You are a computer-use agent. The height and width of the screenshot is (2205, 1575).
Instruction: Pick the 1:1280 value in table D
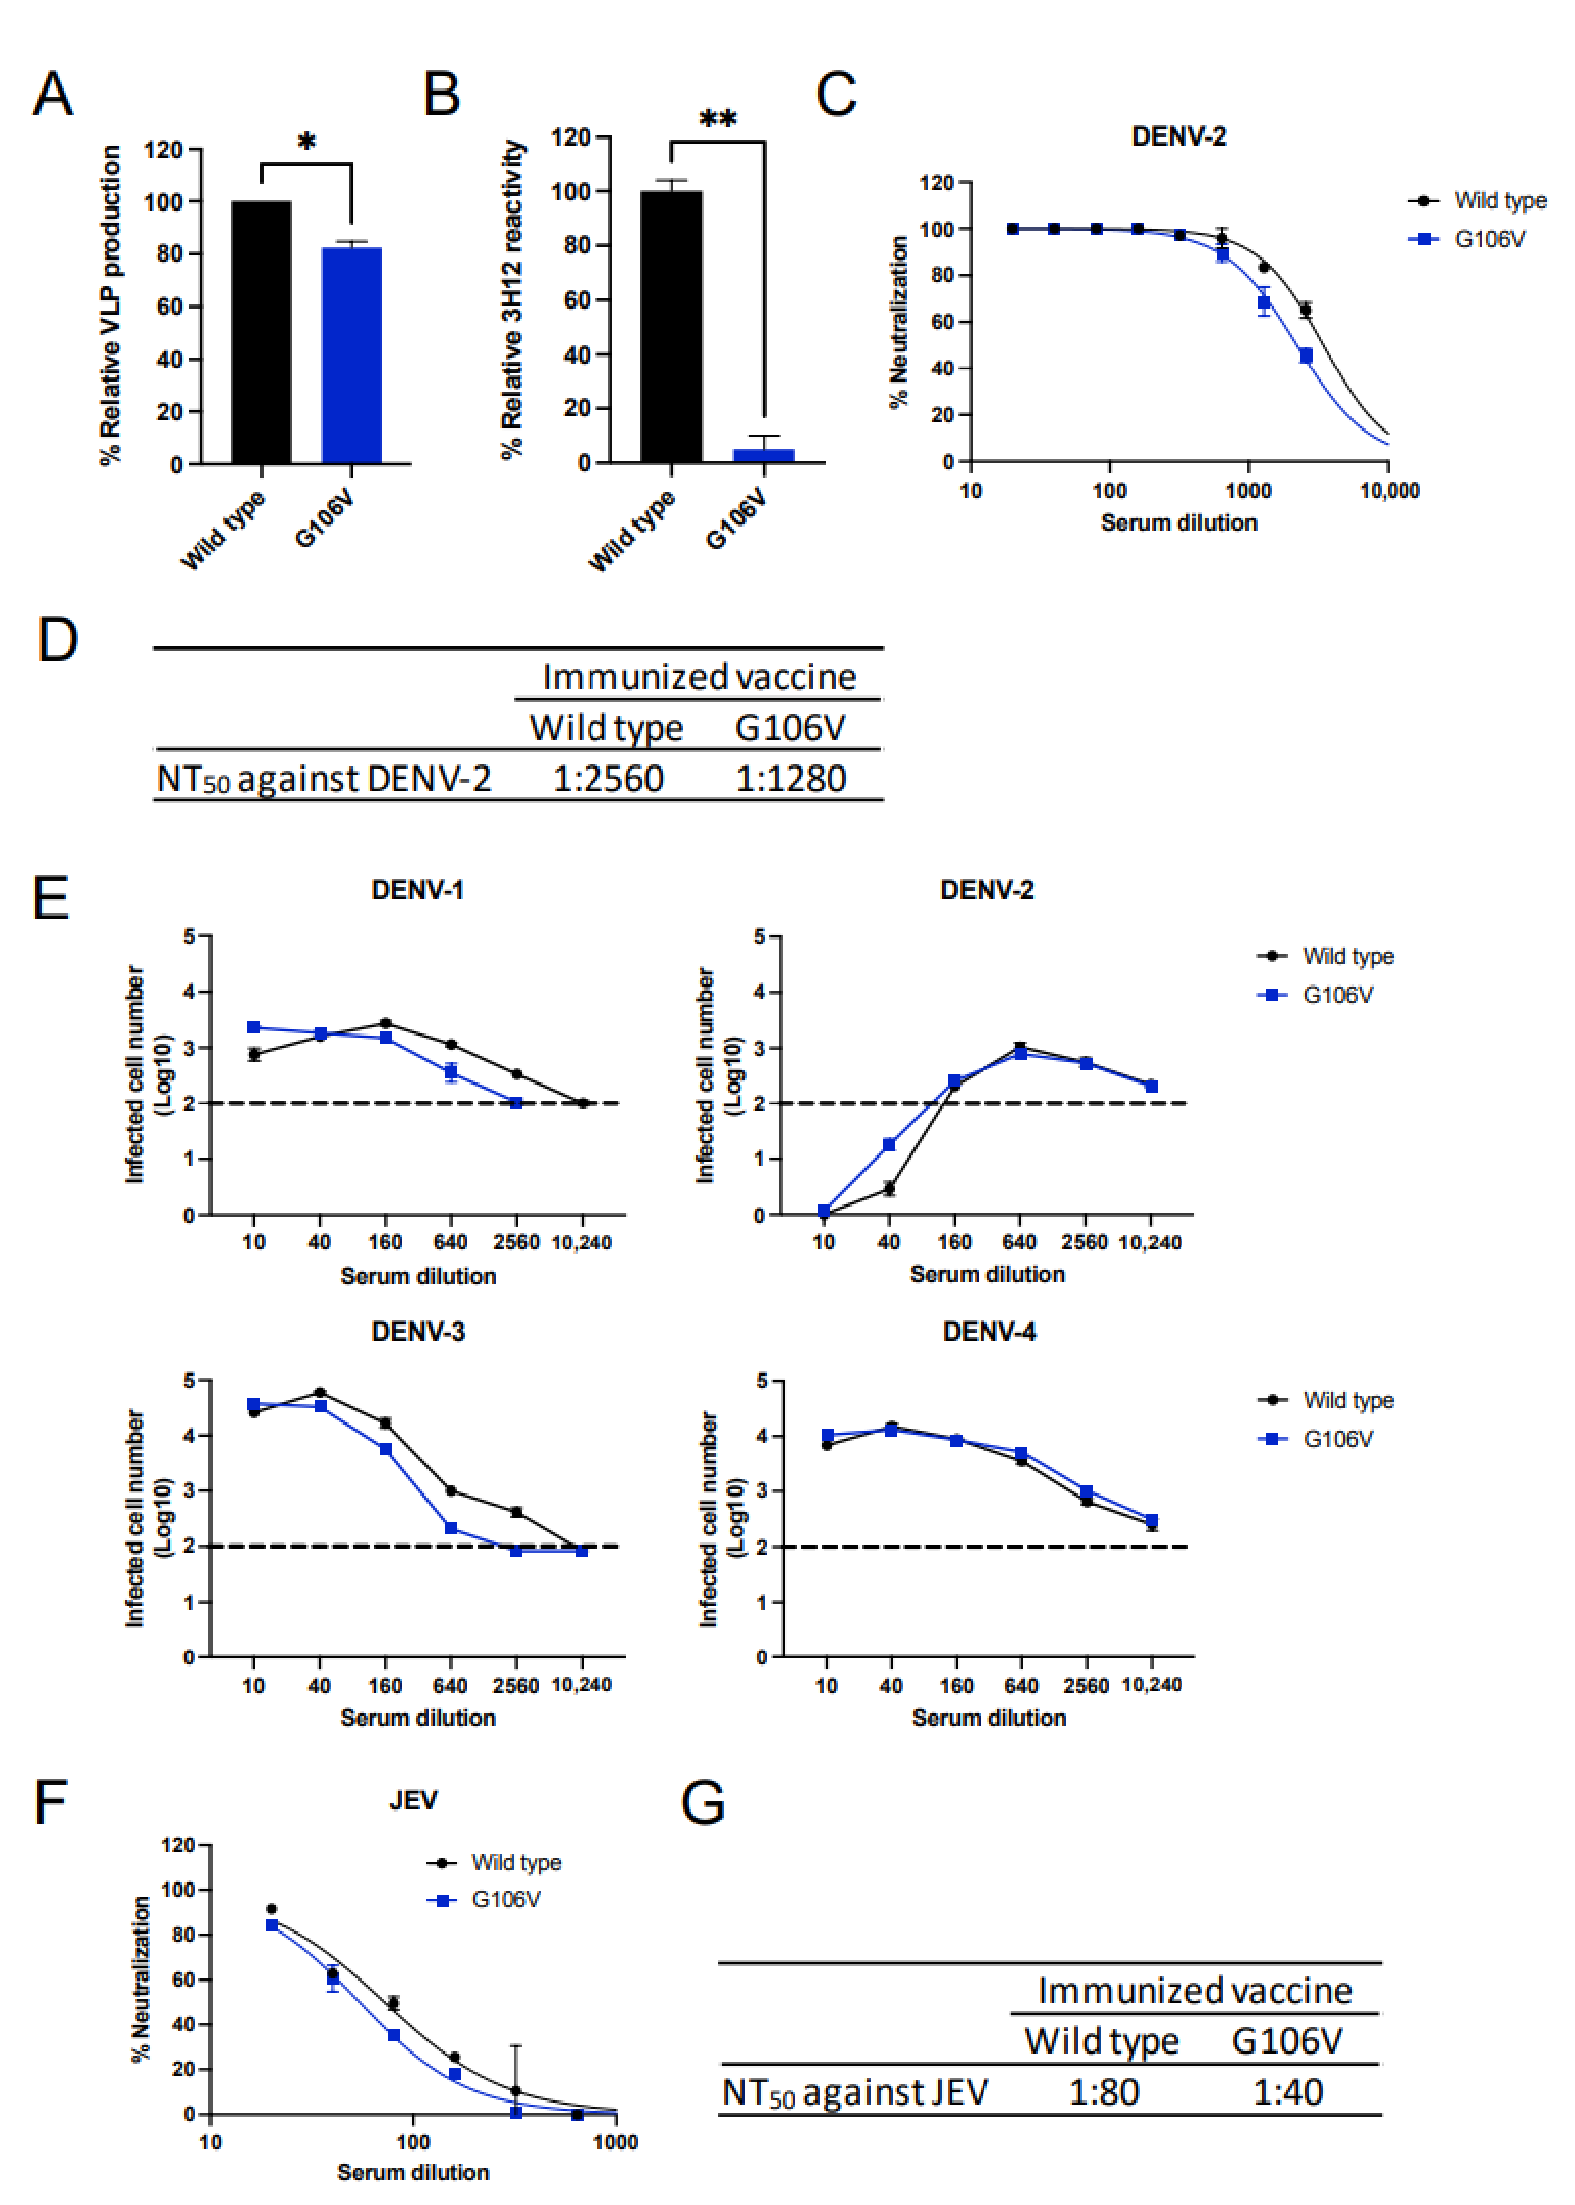point(790,779)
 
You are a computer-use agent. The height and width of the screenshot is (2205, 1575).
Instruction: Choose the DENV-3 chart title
point(418,1331)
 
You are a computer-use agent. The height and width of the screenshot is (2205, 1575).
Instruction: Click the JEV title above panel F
point(413,1801)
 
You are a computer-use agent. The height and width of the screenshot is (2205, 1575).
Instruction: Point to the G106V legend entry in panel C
point(1489,239)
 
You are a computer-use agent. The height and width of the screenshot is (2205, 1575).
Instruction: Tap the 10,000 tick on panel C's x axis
point(1389,491)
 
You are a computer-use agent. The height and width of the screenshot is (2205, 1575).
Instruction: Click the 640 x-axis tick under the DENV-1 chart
point(450,1242)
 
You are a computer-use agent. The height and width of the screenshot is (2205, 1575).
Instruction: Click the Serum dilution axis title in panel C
point(1179,523)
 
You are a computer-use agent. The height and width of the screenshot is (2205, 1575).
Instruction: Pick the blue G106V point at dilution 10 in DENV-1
point(254,1027)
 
